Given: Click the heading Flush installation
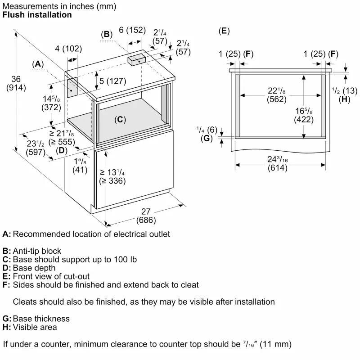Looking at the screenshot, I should tap(37, 15).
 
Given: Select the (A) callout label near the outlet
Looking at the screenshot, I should tap(38, 65).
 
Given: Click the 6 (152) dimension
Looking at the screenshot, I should tap(132, 30).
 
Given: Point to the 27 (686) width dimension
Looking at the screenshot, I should tap(146, 216).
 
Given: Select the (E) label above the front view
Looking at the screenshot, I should tap(224, 31).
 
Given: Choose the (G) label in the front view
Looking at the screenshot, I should tap(206, 138).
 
